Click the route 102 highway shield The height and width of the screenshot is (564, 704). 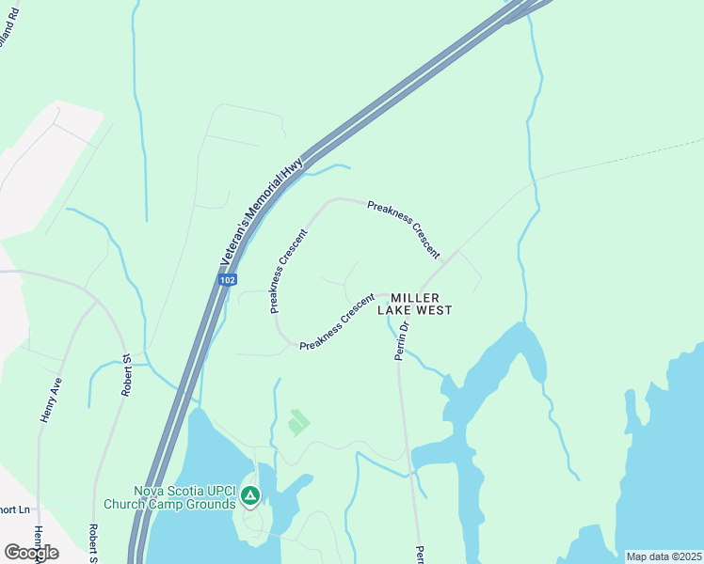pos(227,280)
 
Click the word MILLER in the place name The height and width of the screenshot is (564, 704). pos(415,297)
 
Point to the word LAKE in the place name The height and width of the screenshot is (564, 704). pos(395,310)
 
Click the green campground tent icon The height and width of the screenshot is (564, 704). pos(250,495)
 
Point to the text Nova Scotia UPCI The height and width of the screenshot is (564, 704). pos(183,491)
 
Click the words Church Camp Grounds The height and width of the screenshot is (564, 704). pos(183,504)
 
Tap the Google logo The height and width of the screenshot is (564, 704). pos(31,552)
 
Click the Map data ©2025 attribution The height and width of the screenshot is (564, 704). pos(664,556)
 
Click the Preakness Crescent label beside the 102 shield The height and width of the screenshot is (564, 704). pos(289,271)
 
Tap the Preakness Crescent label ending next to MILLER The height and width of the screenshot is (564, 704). pos(338,327)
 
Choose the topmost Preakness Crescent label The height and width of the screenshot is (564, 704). pos(404,228)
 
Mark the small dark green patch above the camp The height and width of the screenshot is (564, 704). pos(298,423)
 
